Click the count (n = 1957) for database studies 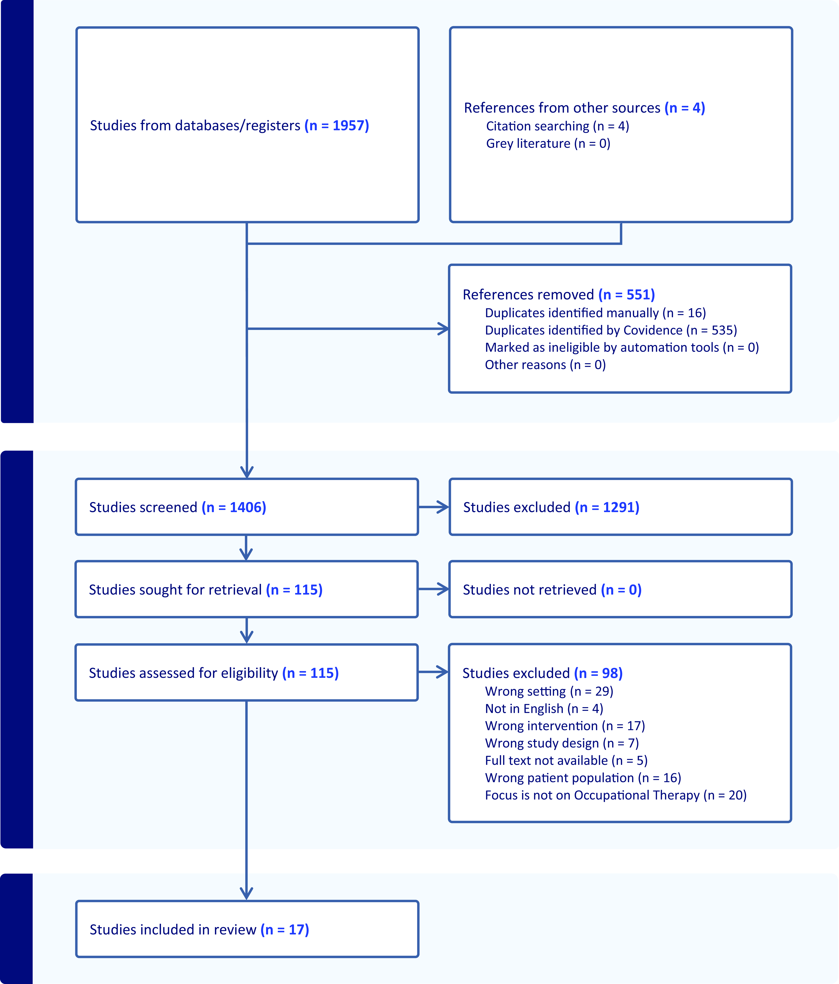click(x=337, y=125)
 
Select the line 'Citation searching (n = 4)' click(x=557, y=126)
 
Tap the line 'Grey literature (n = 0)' click(x=548, y=143)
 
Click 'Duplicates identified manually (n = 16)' click(x=595, y=313)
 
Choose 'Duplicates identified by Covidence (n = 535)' click(x=611, y=330)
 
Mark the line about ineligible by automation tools click(x=622, y=348)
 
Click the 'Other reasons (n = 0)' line click(x=545, y=365)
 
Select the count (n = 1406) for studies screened click(x=234, y=507)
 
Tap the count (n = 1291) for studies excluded click(x=607, y=507)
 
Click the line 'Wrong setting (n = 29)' click(x=549, y=691)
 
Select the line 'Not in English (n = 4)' click(x=544, y=709)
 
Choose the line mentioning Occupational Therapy click(x=616, y=795)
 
